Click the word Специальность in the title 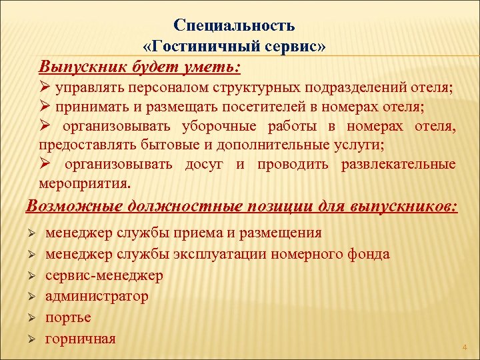(234, 25)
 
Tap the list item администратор (97, 296)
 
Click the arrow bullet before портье (31, 318)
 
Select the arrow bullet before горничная (31, 339)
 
